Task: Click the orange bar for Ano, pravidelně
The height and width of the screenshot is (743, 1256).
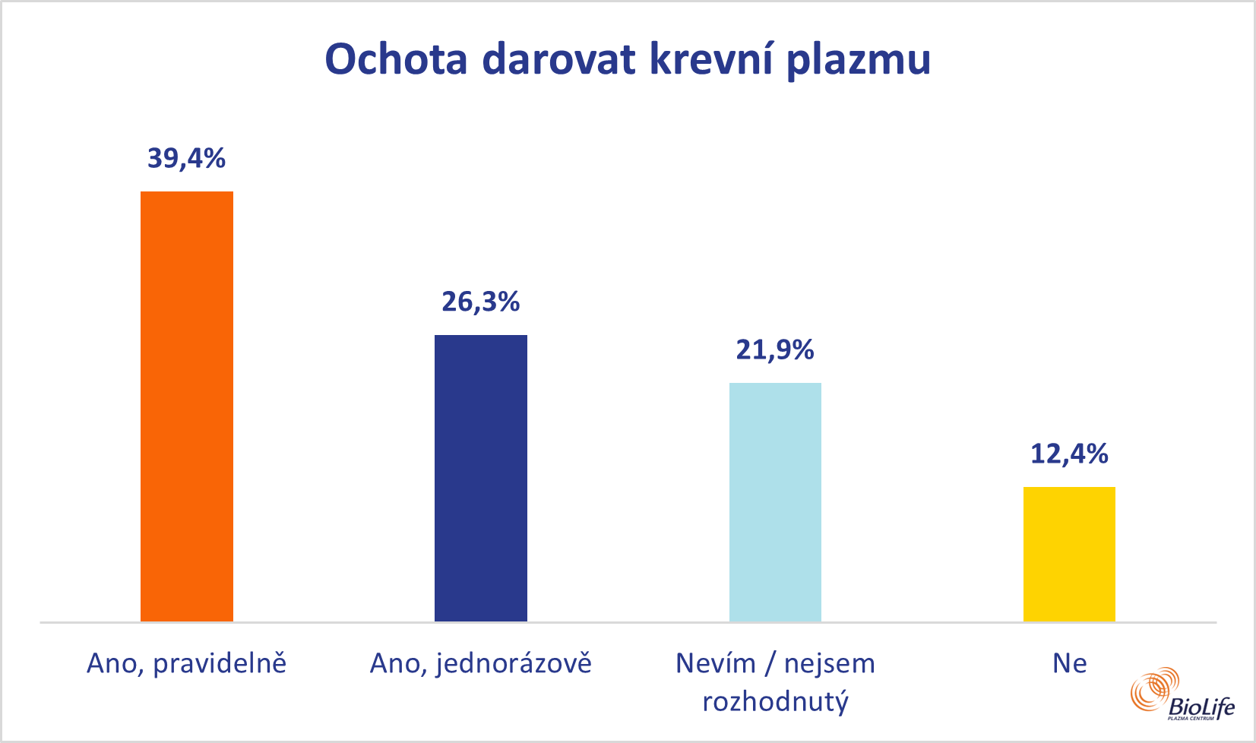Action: (x=187, y=406)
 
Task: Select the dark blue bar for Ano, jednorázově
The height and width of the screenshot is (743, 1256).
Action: (x=480, y=478)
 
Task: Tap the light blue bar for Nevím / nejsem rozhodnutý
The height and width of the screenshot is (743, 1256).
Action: (x=775, y=502)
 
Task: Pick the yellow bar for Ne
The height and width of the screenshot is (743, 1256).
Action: (x=1069, y=554)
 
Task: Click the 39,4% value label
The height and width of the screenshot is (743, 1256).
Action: (x=187, y=158)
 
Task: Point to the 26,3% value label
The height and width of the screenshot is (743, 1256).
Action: (x=480, y=302)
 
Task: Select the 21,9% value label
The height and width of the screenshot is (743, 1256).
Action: (x=775, y=349)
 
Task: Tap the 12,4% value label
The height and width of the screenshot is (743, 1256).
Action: (x=1069, y=454)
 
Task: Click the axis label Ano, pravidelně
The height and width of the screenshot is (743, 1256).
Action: (x=187, y=664)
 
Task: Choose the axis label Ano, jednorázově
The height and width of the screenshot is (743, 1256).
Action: (x=480, y=664)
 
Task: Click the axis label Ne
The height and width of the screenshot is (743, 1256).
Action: (x=1069, y=664)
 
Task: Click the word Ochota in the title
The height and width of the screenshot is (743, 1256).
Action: (x=396, y=58)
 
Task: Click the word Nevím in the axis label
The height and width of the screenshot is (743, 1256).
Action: (x=715, y=664)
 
